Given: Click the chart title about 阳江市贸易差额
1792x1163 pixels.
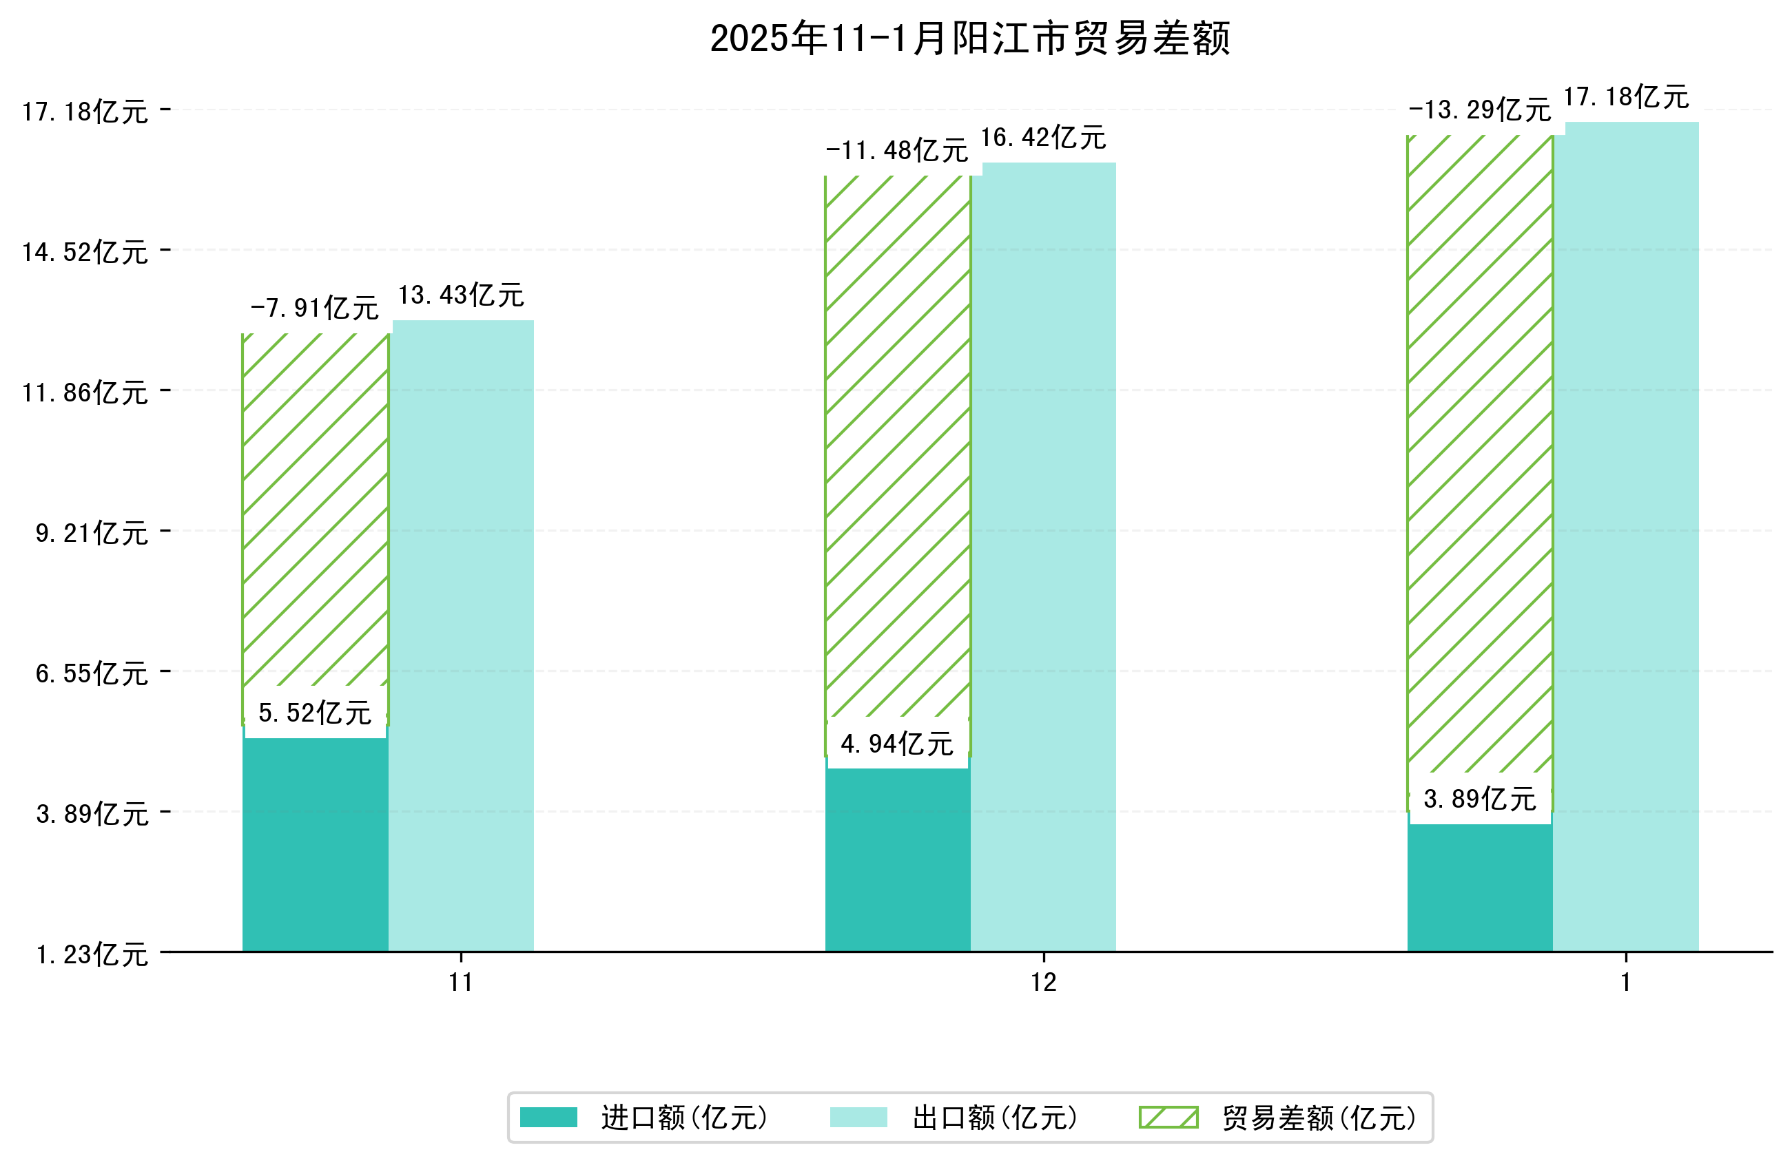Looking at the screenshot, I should point(970,39).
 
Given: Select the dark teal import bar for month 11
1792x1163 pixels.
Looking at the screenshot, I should point(315,843).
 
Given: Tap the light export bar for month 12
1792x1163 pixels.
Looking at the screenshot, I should point(1043,557).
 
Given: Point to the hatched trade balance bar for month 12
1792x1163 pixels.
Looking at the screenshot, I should point(898,452).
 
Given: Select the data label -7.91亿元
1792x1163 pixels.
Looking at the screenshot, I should point(314,308).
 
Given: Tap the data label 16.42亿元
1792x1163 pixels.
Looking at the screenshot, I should point(1043,138).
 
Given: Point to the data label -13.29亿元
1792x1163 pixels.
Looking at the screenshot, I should point(1479,110).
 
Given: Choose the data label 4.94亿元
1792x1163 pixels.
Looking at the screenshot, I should point(897,744).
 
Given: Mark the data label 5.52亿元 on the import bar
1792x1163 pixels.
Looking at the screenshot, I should point(315,712).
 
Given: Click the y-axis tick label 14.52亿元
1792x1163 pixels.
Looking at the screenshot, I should point(85,252).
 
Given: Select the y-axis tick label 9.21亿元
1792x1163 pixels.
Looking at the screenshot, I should point(92,533).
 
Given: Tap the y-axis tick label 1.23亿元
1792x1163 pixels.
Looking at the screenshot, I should point(92,954).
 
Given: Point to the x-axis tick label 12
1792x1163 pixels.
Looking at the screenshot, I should point(1044,983).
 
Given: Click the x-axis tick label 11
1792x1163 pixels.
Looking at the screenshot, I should point(461,983).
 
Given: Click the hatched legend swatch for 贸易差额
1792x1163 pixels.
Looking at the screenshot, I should point(1168,1117).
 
